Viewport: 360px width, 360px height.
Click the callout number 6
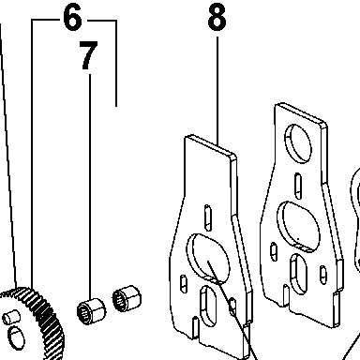pyautogui.click(x=72, y=18)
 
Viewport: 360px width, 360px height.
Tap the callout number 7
pyautogui.click(x=88, y=55)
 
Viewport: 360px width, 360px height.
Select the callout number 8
pyautogui.click(x=217, y=17)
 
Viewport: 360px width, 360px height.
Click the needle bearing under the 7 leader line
pyautogui.click(x=91, y=311)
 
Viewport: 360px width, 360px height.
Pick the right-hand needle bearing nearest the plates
pyautogui.click(x=127, y=298)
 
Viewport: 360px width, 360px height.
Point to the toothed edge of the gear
pyautogui.click(x=47, y=322)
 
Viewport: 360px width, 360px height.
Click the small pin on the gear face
pyautogui.click(x=11, y=317)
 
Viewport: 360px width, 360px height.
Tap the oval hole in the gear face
pyautogui.click(x=16, y=338)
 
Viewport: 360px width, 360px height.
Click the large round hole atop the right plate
pyautogui.click(x=298, y=143)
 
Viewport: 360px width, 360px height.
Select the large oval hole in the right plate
pyautogui.click(x=298, y=226)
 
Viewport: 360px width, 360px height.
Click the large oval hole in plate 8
pyautogui.click(x=208, y=258)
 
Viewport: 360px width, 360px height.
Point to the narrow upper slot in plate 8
pyautogui.click(x=207, y=217)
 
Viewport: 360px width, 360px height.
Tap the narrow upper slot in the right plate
pyautogui.click(x=298, y=186)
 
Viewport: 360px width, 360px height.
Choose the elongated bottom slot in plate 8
pyautogui.click(x=207, y=306)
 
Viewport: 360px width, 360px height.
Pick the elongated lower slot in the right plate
pyautogui.click(x=298, y=275)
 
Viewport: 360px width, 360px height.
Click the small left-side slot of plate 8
pyautogui.click(x=184, y=284)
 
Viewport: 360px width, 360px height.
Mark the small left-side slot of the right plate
pyautogui.click(x=274, y=252)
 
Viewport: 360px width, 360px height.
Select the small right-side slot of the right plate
pyautogui.click(x=323, y=275)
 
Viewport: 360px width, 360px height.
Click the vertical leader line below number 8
pyautogui.click(x=217, y=91)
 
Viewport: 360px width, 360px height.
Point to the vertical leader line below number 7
pyautogui.click(x=90, y=187)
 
